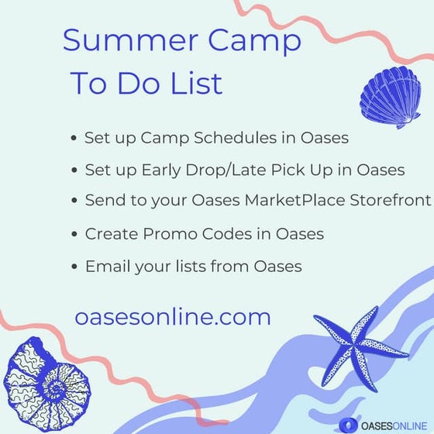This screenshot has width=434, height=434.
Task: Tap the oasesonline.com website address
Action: point(173,317)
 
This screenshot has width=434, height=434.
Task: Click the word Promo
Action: point(159,232)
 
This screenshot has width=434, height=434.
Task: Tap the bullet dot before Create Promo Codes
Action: point(74,233)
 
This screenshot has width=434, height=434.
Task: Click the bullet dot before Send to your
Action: point(74,201)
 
